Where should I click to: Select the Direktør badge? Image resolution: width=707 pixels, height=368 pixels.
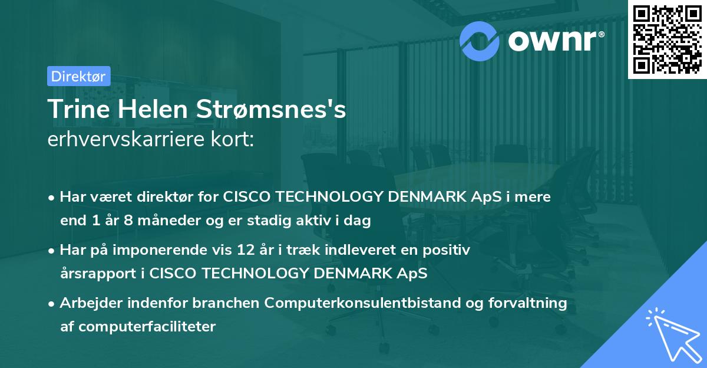78,76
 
